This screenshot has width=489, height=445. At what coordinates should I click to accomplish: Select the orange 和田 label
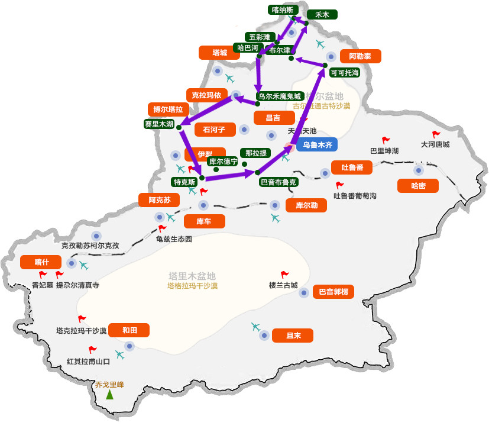point(129,330)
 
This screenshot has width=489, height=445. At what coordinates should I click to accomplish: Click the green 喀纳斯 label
point(283,9)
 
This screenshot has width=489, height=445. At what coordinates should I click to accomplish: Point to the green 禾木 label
point(322,15)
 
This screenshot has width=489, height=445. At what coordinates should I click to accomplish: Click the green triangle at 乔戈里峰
point(109,395)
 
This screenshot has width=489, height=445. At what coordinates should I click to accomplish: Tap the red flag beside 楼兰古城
point(285,275)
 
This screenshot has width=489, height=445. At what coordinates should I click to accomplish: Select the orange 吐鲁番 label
point(352,167)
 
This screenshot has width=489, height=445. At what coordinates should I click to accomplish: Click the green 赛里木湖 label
point(159,124)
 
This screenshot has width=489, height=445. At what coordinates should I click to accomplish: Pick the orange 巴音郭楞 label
point(333,291)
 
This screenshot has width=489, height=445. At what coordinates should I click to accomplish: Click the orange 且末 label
point(293,336)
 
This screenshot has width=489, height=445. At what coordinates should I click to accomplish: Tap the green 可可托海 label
point(345,73)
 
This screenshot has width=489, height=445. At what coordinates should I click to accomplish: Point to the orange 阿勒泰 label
point(361,56)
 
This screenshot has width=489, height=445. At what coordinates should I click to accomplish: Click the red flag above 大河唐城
point(436,135)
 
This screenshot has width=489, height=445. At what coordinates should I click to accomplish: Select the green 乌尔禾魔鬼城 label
point(280,96)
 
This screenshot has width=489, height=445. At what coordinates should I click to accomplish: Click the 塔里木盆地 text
point(192,276)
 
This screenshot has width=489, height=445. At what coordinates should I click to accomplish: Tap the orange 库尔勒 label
point(306,205)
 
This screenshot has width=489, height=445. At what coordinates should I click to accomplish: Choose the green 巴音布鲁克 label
point(279,182)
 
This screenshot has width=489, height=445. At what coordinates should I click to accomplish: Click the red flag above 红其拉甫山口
point(92,350)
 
